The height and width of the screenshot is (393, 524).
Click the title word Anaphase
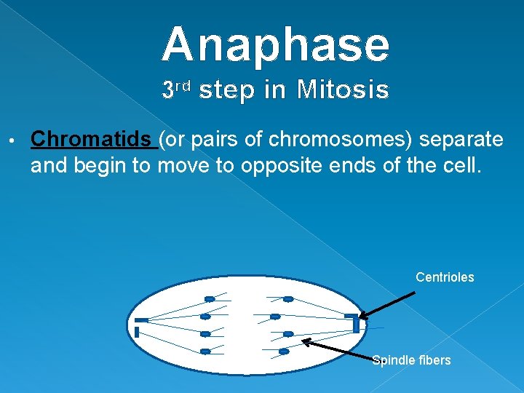[276, 45]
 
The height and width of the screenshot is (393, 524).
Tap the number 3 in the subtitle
[168, 90]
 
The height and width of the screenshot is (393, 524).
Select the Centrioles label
[445, 277]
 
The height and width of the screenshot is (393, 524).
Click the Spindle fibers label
[411, 360]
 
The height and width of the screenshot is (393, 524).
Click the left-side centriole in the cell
[139, 325]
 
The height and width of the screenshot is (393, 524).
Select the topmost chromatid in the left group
[210, 299]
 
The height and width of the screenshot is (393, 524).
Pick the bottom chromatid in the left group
[205, 352]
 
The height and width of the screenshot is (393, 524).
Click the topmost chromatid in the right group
[288, 299]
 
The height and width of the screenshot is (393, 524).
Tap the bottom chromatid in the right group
[284, 352]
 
